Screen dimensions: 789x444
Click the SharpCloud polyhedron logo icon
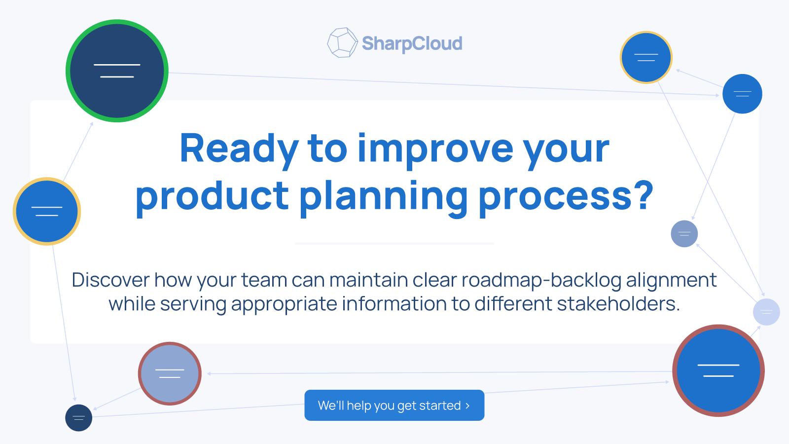[342, 42]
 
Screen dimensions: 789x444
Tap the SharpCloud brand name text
[412, 44]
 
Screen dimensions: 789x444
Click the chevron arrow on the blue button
[467, 406]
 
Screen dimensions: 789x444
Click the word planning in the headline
[384, 197]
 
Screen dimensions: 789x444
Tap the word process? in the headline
[566, 197]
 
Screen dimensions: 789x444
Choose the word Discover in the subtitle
[110, 280]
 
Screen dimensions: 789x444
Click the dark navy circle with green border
[117, 71]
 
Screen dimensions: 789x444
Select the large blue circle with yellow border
[47, 212]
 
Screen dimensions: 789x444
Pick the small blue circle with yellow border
[646, 57]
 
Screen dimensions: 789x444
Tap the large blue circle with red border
[718, 370]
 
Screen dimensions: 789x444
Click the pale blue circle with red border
[170, 373]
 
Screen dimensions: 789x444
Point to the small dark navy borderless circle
[78, 418]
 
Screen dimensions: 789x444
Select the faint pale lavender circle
[766, 312]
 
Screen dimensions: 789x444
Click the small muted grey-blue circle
[684, 234]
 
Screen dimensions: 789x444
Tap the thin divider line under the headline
[394, 244]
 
